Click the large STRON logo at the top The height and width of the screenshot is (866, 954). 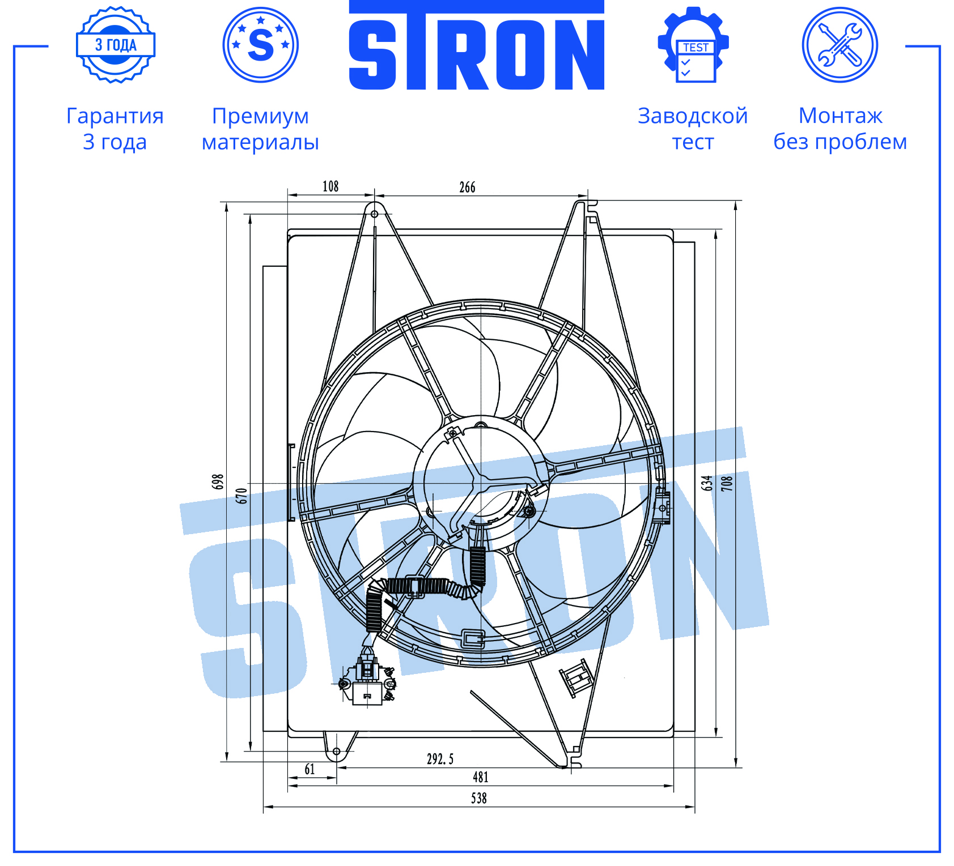coord(476,45)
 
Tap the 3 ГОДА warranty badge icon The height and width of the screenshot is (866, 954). coord(116,45)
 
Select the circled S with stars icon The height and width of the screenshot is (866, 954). coord(261,45)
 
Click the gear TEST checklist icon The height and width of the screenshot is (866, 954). coord(693,45)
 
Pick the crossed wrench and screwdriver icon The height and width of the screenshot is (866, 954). coord(840,45)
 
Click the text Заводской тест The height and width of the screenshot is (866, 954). coord(693,129)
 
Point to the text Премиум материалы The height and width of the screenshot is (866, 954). coord(260,129)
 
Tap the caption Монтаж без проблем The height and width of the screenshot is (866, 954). coord(840,129)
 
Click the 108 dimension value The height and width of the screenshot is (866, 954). coord(330,186)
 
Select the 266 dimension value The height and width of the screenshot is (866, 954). coord(467,187)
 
